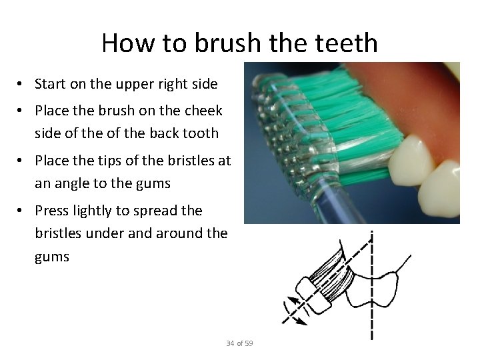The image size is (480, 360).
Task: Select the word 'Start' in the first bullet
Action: (49, 84)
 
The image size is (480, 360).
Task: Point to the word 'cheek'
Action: (204, 110)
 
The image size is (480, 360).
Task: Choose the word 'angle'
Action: (74, 183)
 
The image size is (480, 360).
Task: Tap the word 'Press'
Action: (52, 211)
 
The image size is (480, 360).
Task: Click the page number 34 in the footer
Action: (230, 343)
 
